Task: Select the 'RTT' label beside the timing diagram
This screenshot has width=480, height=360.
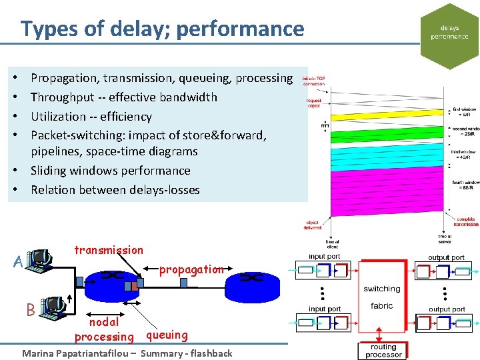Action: pos(325,125)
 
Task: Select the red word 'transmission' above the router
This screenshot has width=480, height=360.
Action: pos(109,251)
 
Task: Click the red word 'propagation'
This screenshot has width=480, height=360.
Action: pos(191,270)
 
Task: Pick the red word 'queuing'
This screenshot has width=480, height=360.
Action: pos(167,335)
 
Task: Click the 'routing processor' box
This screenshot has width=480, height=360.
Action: pos(383,351)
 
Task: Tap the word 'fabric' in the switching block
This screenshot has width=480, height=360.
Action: pos(382,306)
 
